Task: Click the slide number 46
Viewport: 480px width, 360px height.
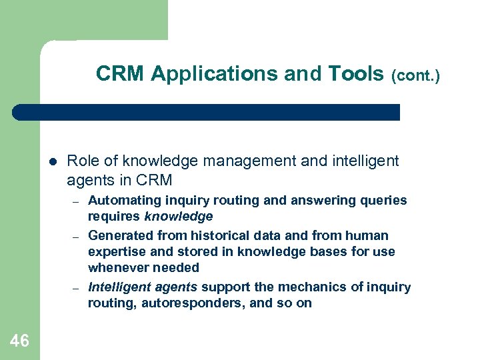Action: pos(20,341)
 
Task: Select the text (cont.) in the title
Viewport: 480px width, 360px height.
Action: pos(416,76)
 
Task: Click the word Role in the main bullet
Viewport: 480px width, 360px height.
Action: pos(82,161)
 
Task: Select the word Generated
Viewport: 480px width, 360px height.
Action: pos(121,235)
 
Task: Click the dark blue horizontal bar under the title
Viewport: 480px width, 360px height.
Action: pos(207,112)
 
